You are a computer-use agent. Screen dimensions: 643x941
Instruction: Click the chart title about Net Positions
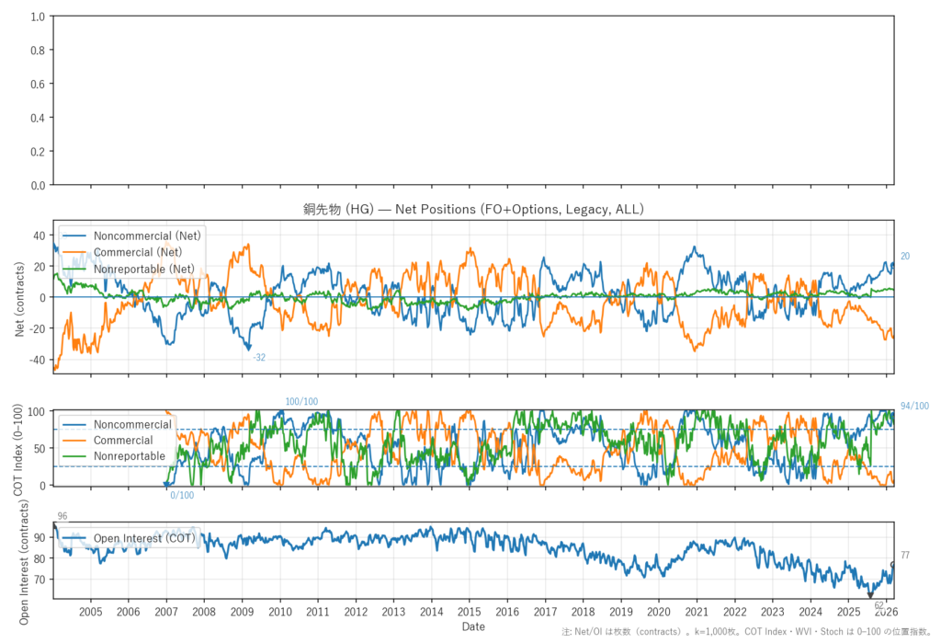point(473,210)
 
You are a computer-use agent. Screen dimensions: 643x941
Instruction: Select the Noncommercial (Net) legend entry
point(147,235)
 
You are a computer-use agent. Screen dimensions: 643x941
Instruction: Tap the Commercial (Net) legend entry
point(138,252)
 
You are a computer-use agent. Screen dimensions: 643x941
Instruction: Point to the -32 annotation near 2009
point(259,357)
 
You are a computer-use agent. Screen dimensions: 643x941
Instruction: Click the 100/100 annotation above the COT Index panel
point(301,401)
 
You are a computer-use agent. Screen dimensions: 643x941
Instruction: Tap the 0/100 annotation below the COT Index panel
point(182,496)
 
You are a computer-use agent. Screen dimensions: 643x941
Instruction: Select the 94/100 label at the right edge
point(914,407)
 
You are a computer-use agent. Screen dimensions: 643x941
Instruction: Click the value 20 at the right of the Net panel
point(905,257)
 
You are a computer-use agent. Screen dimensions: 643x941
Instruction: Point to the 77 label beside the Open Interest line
point(905,555)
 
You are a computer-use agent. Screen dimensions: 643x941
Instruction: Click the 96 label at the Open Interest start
point(62,516)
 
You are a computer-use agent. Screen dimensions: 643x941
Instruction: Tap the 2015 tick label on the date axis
point(469,612)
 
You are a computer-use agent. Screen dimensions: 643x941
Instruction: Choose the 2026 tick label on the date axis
point(886,612)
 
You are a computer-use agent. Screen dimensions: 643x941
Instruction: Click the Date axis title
point(473,626)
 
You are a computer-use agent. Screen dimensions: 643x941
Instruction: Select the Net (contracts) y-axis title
point(20,296)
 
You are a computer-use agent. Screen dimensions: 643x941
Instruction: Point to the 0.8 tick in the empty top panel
point(37,51)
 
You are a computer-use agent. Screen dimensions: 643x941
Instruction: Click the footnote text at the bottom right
point(749,633)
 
